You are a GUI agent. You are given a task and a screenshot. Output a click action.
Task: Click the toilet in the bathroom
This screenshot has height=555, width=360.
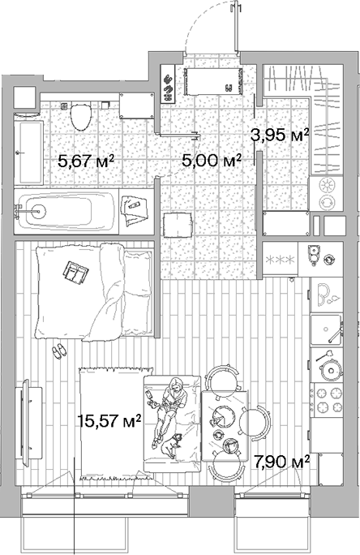click(79, 115)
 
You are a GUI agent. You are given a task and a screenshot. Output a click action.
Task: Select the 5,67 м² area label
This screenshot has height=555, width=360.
click(84, 161)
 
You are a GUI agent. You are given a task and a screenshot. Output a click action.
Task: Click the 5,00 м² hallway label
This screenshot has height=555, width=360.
click(212, 161)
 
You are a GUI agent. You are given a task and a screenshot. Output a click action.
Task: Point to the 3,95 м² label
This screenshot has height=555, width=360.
click(281, 135)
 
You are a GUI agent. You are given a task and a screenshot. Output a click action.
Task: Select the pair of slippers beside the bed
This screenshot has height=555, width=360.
click(58, 351)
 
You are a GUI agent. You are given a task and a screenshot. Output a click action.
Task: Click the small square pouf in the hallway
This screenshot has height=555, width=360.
click(176, 225)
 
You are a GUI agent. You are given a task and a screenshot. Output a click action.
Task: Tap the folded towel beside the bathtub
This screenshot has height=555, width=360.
click(132, 209)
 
